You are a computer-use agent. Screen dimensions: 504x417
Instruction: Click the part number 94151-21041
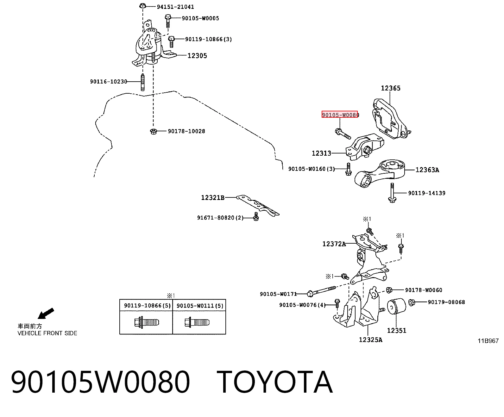(175, 7)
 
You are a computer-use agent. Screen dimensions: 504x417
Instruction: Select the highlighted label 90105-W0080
(340, 115)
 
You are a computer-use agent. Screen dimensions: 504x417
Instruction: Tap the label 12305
(197, 56)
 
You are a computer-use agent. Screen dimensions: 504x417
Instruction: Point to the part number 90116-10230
(109, 82)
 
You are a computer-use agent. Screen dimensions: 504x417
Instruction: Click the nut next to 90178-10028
(154, 132)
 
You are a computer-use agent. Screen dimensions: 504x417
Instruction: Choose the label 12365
(391, 88)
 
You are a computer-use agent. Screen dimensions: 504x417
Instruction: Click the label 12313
(321, 153)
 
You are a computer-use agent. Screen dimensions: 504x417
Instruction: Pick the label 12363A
(427, 170)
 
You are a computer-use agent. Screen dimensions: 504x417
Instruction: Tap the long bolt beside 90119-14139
(392, 193)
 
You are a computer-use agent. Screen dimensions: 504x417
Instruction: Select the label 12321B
(213, 198)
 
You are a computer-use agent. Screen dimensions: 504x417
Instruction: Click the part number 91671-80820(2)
(220, 218)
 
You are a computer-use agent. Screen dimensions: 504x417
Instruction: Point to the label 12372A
(334, 244)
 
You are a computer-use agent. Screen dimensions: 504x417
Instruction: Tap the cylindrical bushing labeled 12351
(396, 306)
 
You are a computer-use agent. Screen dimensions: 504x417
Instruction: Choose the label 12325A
(370, 340)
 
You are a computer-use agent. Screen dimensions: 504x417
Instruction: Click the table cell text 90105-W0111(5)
(200, 306)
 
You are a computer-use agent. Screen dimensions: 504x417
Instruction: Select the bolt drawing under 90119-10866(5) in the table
(147, 322)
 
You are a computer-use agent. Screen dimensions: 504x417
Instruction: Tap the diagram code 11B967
(488, 341)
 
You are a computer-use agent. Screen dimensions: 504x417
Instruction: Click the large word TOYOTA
(274, 382)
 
